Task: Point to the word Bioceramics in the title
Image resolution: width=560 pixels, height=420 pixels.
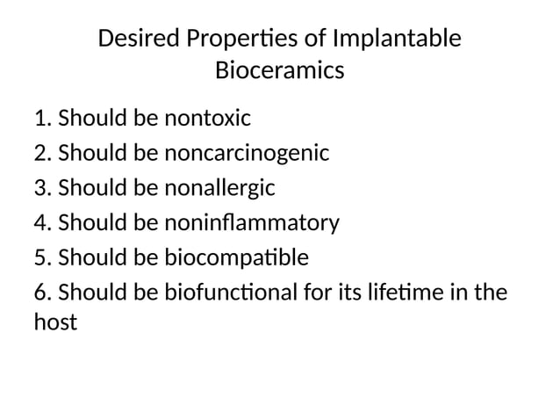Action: click(279, 70)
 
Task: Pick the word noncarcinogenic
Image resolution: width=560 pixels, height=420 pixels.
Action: click(247, 153)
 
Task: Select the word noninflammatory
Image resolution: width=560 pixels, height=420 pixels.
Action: click(251, 223)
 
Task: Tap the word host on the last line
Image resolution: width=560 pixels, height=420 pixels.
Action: click(55, 322)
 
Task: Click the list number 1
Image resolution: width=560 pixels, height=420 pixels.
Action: click(41, 117)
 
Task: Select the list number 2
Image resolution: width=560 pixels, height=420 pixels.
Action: click(41, 153)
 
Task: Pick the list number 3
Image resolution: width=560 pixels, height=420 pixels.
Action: click(41, 188)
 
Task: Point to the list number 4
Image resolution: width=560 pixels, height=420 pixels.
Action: click(41, 223)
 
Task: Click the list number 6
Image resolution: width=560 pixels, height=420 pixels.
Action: click(41, 293)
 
